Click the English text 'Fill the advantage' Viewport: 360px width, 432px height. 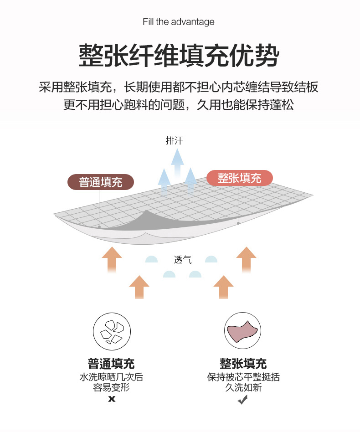click(x=178, y=22)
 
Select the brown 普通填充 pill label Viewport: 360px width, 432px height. click(x=101, y=182)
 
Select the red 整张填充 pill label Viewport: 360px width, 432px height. click(x=240, y=178)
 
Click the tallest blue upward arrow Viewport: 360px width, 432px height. click(x=177, y=162)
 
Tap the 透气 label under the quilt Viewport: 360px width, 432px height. click(x=183, y=260)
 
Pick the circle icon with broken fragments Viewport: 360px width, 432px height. click(x=112, y=332)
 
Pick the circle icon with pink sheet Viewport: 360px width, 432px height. click(x=243, y=331)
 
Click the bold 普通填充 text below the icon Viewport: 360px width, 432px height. click(x=111, y=364)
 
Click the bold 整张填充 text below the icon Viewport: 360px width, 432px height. click(x=243, y=364)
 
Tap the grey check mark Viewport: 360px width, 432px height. click(x=243, y=400)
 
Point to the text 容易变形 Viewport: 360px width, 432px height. click(x=111, y=388)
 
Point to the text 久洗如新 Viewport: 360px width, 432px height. click(x=243, y=388)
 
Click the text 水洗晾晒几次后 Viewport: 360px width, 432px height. click(x=111, y=377)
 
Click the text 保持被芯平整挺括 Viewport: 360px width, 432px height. click(x=243, y=377)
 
